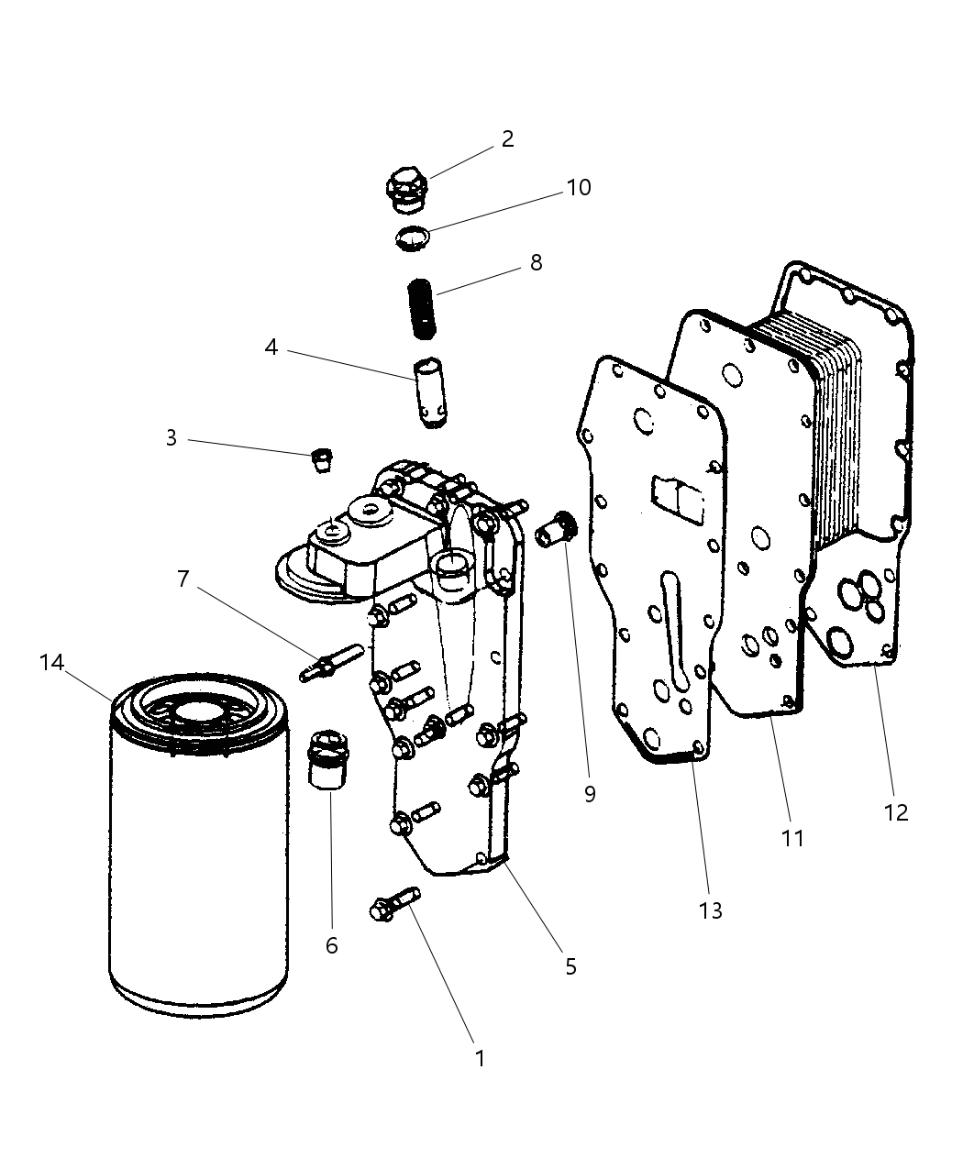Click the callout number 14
point(52,662)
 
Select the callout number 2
point(507,138)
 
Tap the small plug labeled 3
point(322,458)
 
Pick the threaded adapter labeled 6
point(327,759)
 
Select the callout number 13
point(710,910)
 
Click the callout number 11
point(791,837)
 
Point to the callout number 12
point(895,811)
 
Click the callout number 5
point(570,965)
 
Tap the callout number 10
point(578,187)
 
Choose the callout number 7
point(183,579)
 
